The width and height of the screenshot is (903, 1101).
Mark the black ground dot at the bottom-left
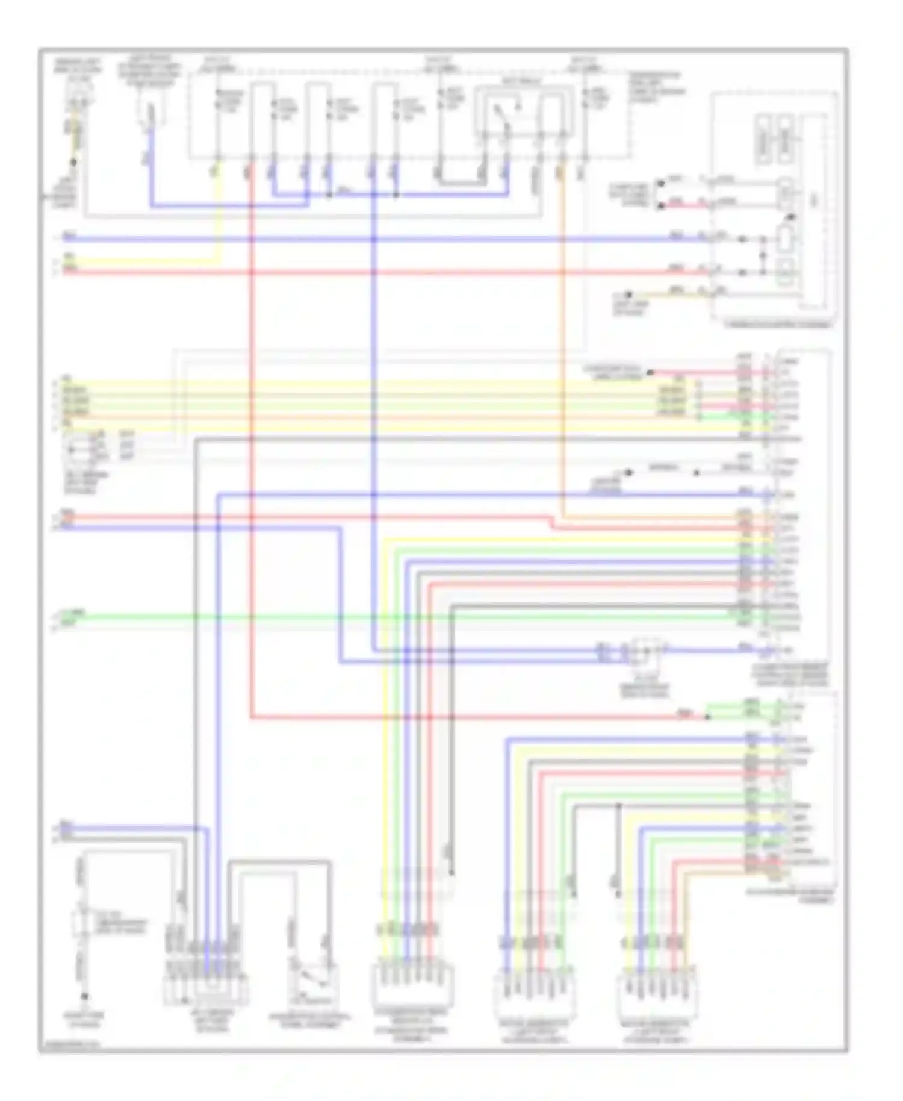[x=85, y=997]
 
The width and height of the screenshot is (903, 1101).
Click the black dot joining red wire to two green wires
[x=708, y=717]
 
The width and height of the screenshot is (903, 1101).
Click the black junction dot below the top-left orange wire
[x=73, y=162]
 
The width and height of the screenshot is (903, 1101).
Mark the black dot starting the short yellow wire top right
[x=630, y=295]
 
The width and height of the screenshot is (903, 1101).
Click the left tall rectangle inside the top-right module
[x=762, y=139]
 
